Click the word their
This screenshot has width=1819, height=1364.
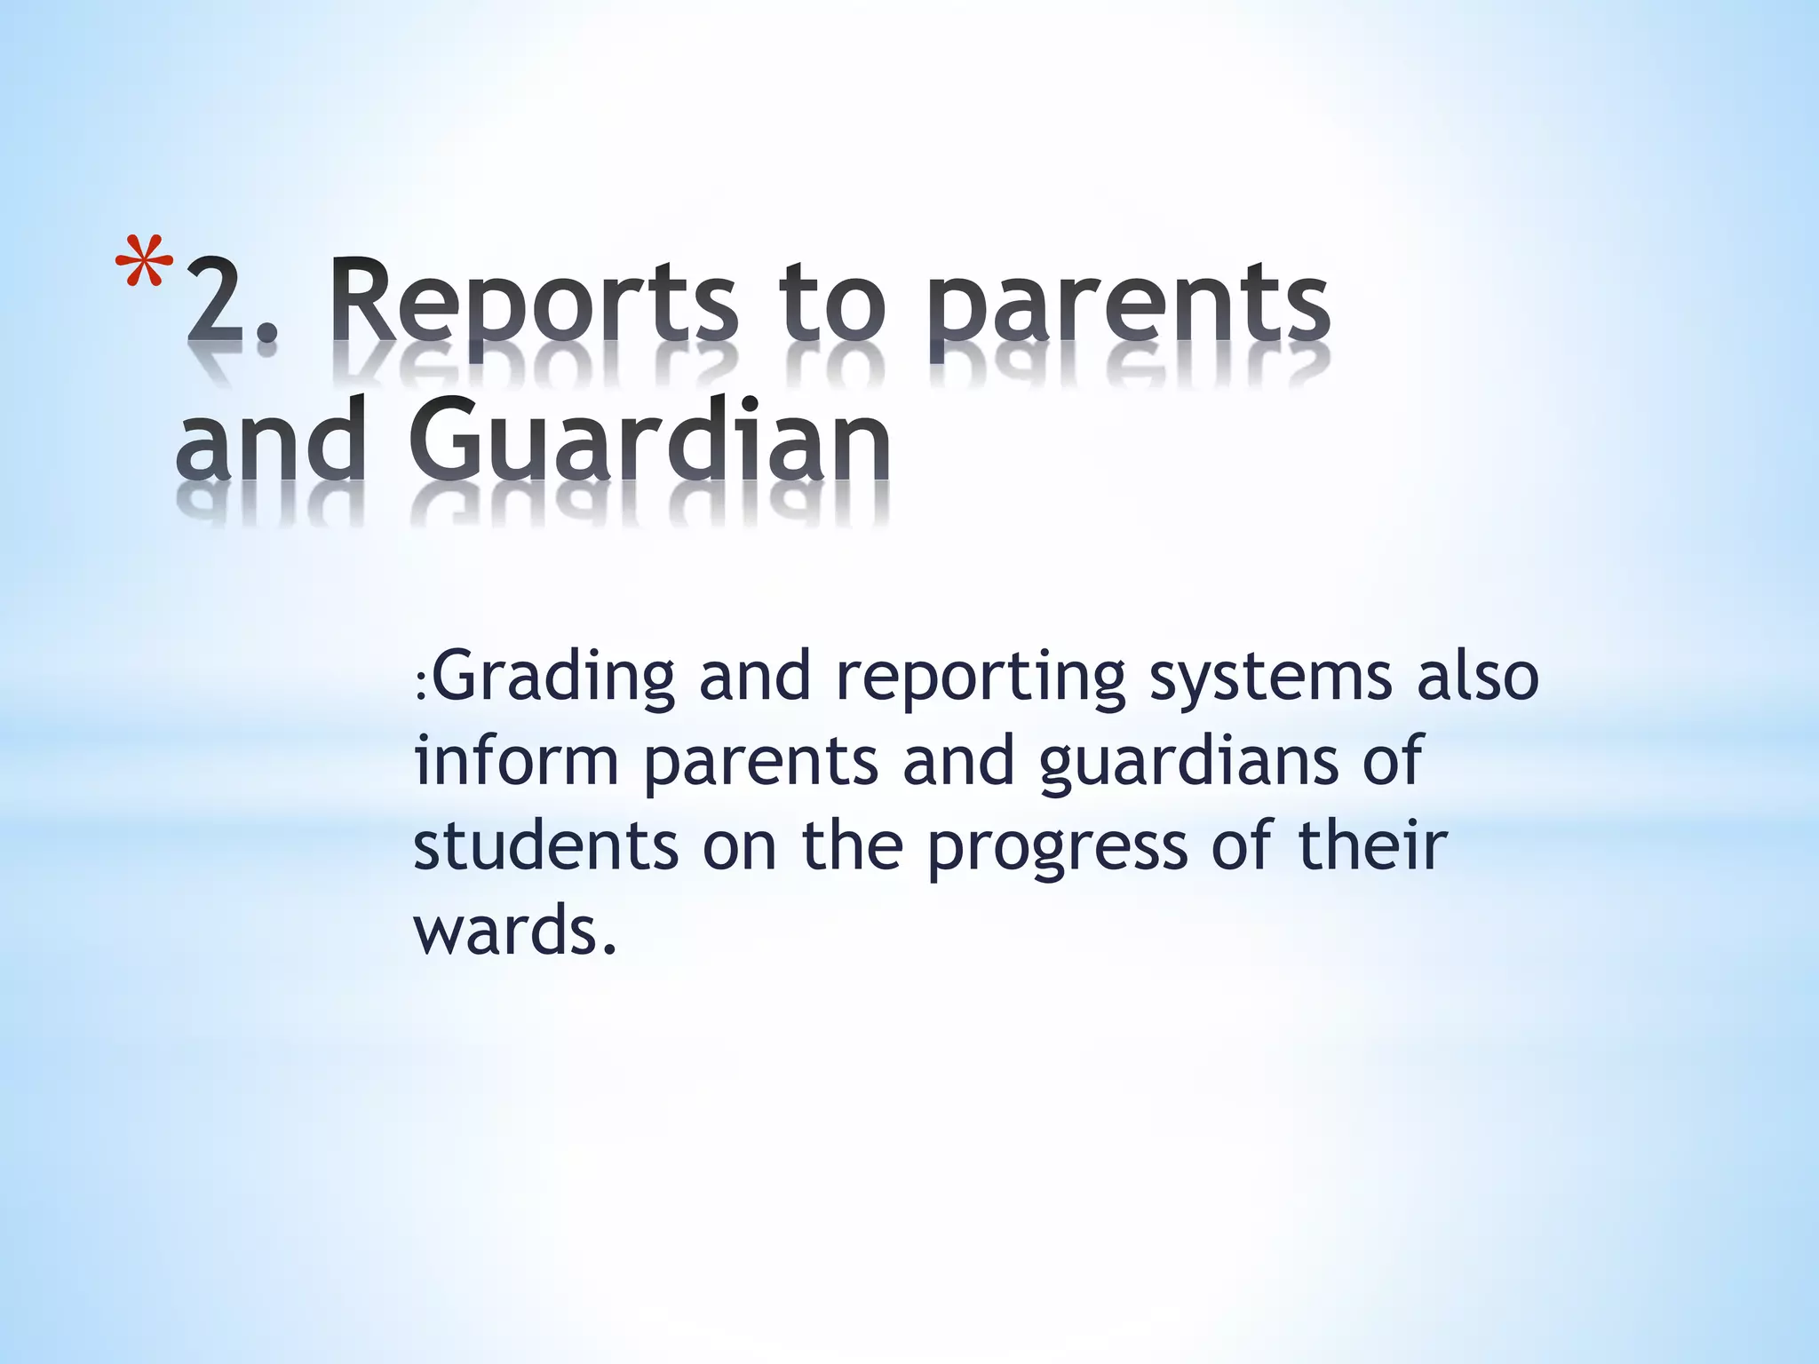click(1372, 845)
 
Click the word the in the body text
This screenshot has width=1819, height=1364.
click(852, 845)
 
